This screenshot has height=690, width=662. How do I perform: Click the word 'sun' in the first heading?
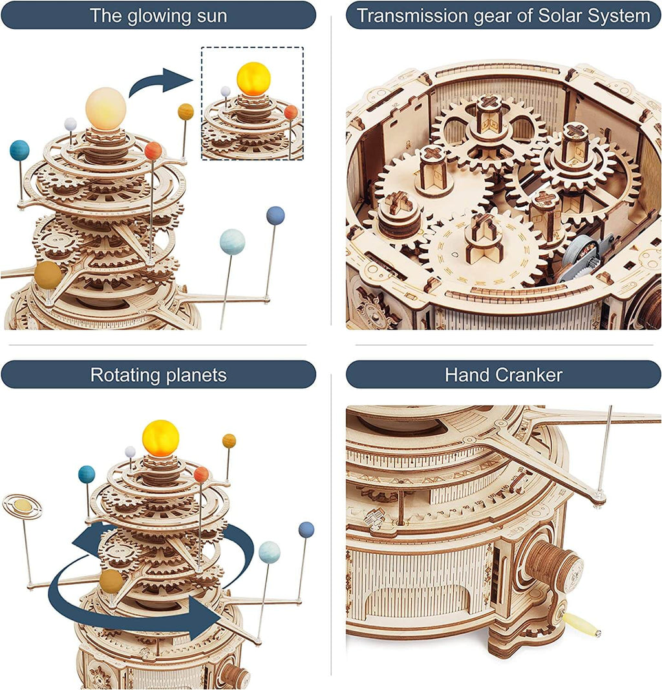[211, 16]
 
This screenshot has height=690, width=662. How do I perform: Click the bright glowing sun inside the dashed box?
[253, 79]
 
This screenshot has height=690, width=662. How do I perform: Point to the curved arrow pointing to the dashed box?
[162, 83]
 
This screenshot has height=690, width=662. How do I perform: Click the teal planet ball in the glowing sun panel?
[19, 151]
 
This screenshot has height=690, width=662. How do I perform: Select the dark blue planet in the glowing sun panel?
[275, 215]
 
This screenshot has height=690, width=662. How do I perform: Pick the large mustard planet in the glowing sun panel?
[48, 276]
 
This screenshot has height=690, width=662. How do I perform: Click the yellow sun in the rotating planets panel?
[160, 438]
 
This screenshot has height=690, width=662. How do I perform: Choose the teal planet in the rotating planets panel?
[87, 474]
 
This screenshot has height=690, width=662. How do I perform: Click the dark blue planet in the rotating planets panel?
[306, 530]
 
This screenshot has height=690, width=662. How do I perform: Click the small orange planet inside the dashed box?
[291, 112]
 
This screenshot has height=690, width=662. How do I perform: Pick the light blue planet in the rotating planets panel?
[269, 552]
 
